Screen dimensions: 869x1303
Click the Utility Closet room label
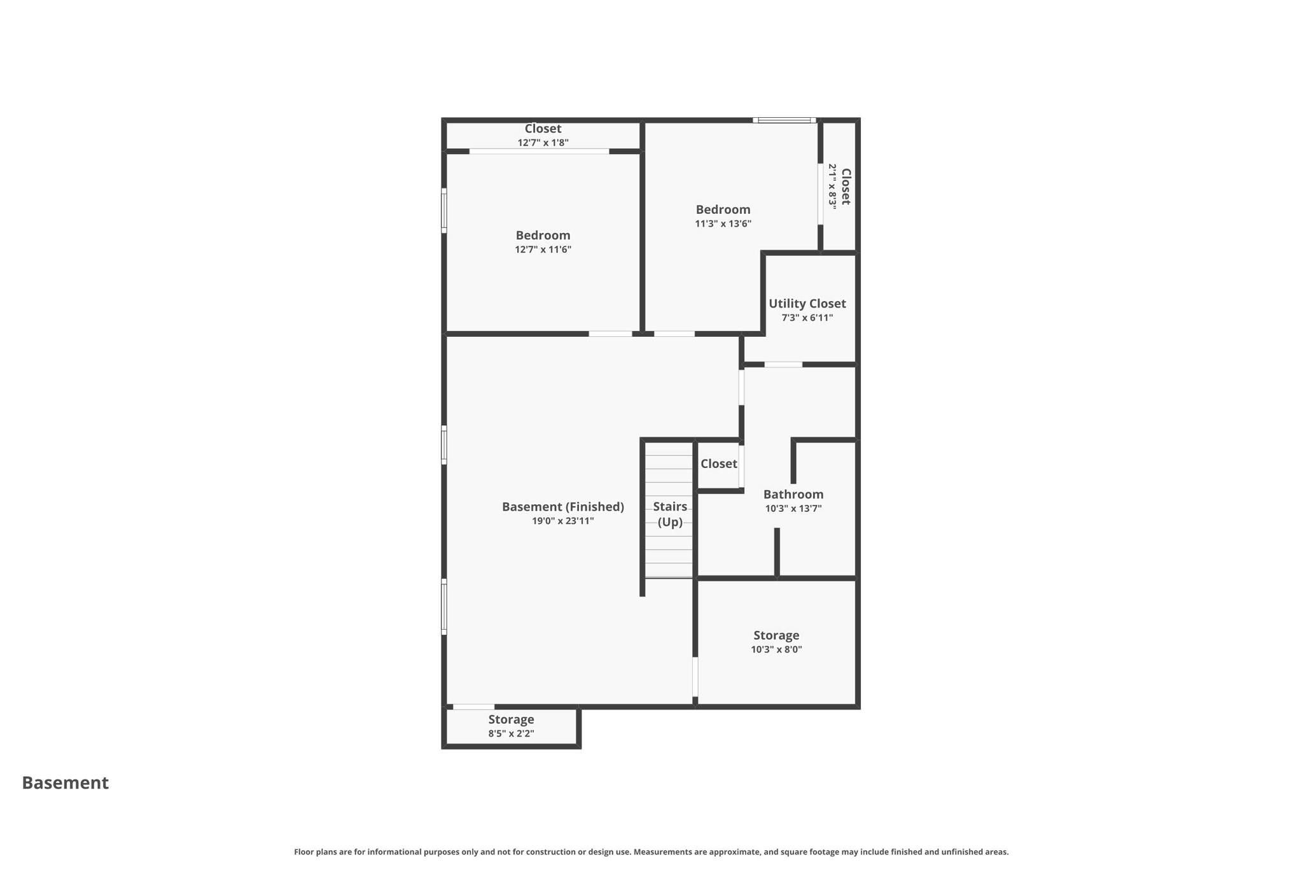tap(807, 304)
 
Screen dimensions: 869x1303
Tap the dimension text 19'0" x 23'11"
tap(563, 521)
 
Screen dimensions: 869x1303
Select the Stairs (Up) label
tap(670, 514)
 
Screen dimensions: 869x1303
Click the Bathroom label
tap(793, 494)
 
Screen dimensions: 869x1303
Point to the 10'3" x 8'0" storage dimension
tap(776, 649)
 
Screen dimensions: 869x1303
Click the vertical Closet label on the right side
tap(846, 186)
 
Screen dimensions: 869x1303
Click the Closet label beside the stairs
tap(718, 463)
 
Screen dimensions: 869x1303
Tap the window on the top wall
tap(784, 120)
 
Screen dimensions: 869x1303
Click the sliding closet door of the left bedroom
tap(539, 151)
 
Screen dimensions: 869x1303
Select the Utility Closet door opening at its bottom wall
tap(783, 364)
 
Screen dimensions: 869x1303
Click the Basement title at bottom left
tap(66, 782)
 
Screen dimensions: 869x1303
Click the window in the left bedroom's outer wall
tap(444, 210)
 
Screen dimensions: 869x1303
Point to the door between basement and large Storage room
tap(695, 676)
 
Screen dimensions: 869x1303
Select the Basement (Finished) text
tap(563, 507)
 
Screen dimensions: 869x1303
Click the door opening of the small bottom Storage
tap(473, 707)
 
